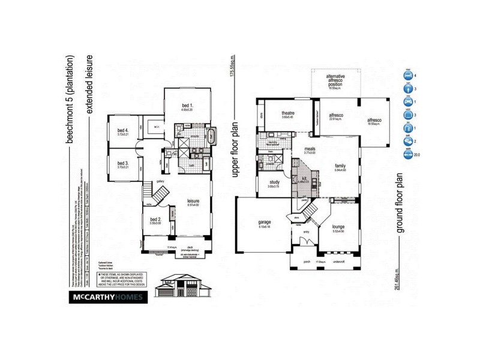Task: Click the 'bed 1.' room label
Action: click(187, 106)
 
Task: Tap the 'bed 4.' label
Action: click(123, 130)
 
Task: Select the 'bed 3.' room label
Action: click(123, 163)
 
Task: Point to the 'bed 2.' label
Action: click(155, 219)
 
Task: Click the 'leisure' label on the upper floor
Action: click(193, 200)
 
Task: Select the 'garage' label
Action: click(265, 221)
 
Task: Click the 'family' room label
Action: click(341, 166)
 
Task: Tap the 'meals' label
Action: click(310, 148)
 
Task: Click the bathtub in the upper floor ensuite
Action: click(211, 135)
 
